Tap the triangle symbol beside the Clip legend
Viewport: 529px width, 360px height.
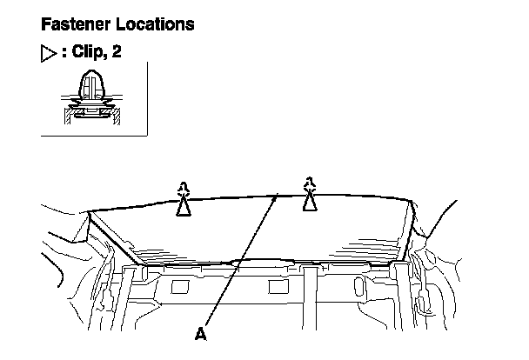point(49,54)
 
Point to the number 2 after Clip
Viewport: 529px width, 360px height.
point(117,53)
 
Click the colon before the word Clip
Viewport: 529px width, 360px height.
point(63,54)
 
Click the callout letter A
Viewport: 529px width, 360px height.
point(201,332)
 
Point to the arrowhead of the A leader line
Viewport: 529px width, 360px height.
point(277,197)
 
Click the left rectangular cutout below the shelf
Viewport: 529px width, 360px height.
point(184,285)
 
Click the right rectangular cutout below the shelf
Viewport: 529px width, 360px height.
point(280,285)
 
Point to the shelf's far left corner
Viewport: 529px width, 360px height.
point(90,211)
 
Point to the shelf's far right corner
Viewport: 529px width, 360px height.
point(411,201)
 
